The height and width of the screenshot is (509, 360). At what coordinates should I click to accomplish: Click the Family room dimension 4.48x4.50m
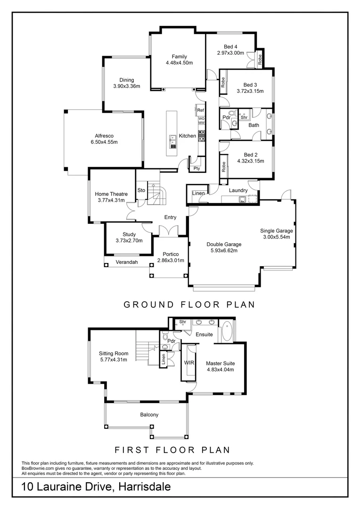pos(179,63)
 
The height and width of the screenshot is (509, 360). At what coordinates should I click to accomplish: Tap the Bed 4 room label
pos(230,47)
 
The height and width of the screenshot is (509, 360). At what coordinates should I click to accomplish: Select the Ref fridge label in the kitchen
pos(201,110)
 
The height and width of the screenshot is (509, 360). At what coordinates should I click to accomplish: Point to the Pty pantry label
pos(196,168)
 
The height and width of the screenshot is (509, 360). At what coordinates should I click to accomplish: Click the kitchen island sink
pos(172,142)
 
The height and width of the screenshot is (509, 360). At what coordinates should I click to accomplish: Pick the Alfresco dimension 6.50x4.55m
pos(104,142)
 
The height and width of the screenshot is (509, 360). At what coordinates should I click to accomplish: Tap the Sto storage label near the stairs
pos(141,190)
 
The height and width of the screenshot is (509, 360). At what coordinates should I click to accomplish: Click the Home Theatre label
pos(111,194)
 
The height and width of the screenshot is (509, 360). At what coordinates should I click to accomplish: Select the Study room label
pos(129,234)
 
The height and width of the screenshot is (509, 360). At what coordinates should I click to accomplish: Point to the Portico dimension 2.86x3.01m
pos(171,260)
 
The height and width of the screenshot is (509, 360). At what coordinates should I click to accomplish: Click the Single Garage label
pos(277,231)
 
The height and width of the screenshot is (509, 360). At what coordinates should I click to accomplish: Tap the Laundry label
pos(238,190)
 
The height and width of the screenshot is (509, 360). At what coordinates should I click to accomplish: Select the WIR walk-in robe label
pos(189,362)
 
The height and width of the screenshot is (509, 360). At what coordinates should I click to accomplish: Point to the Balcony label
pos(149,415)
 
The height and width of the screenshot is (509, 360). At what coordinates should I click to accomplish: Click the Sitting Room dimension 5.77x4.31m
pos(113,360)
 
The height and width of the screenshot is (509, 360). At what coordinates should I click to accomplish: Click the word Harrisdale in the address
pos(145,487)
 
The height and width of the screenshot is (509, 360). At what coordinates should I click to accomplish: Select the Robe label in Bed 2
pos(223,167)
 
